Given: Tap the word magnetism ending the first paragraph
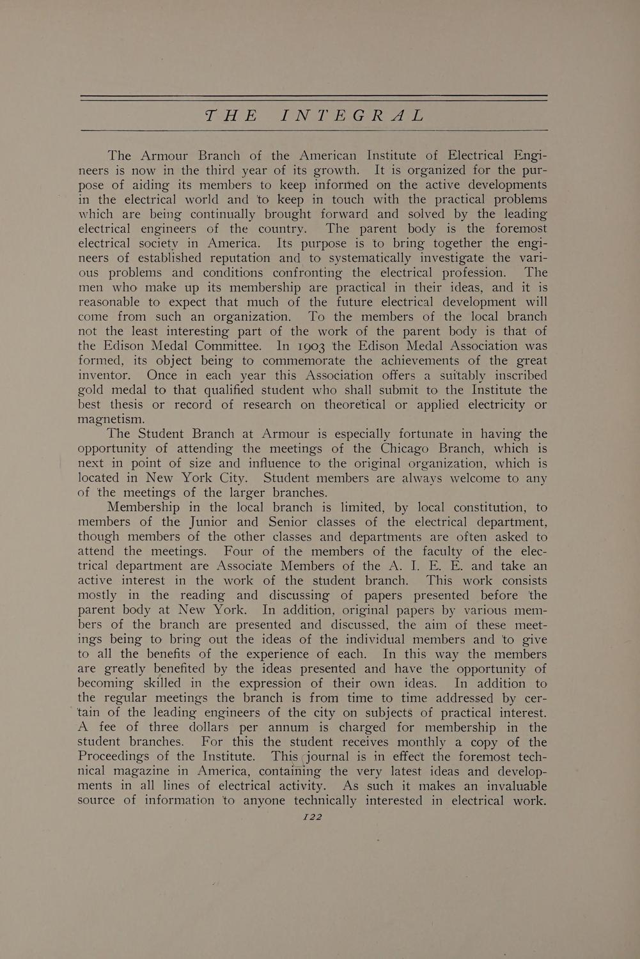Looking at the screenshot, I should click(111, 419).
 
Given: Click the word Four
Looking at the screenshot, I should click(241, 551).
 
